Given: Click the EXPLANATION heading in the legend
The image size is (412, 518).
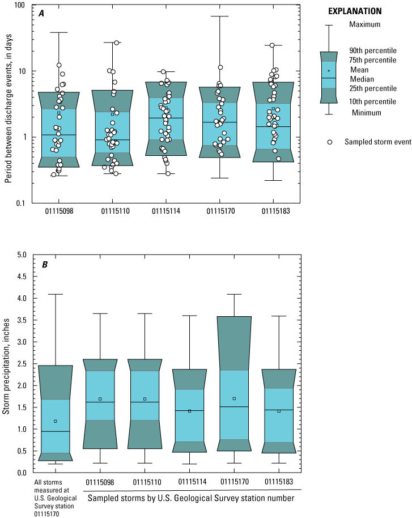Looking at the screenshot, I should pyautogui.click(x=355, y=11).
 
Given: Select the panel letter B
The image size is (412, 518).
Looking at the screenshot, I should pyautogui.click(x=41, y=263).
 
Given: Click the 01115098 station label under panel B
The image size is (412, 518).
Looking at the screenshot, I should pyautogui.click(x=100, y=482).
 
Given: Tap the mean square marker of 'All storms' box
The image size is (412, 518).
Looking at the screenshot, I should pyautogui.click(x=56, y=421).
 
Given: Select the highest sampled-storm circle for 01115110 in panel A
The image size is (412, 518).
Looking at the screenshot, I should pyautogui.click(x=117, y=43).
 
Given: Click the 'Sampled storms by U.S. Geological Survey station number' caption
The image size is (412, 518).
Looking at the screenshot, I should pyautogui.click(x=192, y=497).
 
